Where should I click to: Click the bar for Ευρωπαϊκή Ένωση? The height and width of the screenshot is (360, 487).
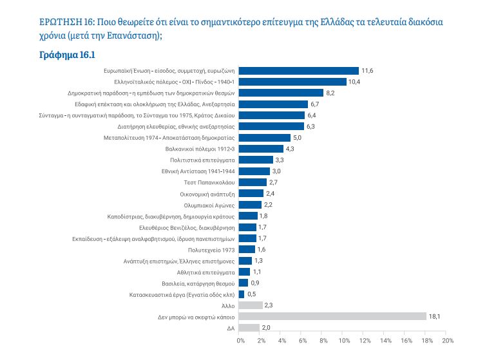pyautogui.click(x=299, y=70)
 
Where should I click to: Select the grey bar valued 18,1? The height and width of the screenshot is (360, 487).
pyautogui.click(x=332, y=316)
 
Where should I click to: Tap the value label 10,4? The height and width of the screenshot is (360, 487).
pyautogui.click(x=354, y=82)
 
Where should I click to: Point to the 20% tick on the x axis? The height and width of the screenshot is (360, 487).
pyautogui.click(x=448, y=340)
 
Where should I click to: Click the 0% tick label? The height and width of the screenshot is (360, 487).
pyautogui.click(x=240, y=340)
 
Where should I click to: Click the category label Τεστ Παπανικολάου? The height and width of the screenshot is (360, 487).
pyautogui.click(x=207, y=182)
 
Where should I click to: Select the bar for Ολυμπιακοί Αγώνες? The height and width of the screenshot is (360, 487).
pyautogui.click(x=251, y=205)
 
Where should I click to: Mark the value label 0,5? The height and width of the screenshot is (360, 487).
pyautogui.click(x=252, y=294)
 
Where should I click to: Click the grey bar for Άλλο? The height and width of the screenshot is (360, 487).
pyautogui.click(x=251, y=305)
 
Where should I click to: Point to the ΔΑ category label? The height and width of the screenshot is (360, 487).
pyautogui.click(x=230, y=328)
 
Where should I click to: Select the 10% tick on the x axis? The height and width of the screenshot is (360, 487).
pyautogui.click(x=344, y=340)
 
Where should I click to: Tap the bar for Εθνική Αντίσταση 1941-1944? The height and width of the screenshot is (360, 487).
pyautogui.click(x=254, y=171)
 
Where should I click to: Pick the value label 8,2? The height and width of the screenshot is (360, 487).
pyautogui.click(x=330, y=93)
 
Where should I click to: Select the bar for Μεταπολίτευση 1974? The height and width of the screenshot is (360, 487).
pyautogui.click(x=265, y=137)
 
